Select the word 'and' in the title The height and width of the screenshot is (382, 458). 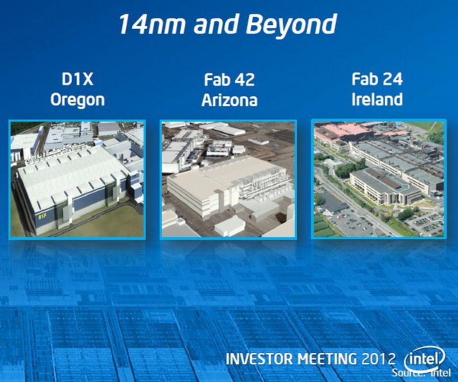click(x=216, y=24)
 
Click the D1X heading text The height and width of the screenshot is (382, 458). click(x=77, y=79)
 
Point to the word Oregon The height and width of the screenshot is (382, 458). click(x=77, y=100)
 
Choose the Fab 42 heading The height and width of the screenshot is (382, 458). click(x=229, y=79)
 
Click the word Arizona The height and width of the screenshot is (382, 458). click(x=229, y=100)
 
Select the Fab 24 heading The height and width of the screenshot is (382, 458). click(x=377, y=79)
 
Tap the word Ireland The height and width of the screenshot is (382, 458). click(x=377, y=100)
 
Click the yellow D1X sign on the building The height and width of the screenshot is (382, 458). click(x=43, y=216)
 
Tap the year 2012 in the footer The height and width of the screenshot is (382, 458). click(x=379, y=359)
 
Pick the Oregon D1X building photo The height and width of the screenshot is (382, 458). click(x=77, y=179)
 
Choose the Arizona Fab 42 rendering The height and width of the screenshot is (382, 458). click(x=228, y=179)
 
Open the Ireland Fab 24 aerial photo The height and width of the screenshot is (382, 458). click(x=379, y=179)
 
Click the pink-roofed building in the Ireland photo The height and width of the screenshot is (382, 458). click(x=343, y=131)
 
